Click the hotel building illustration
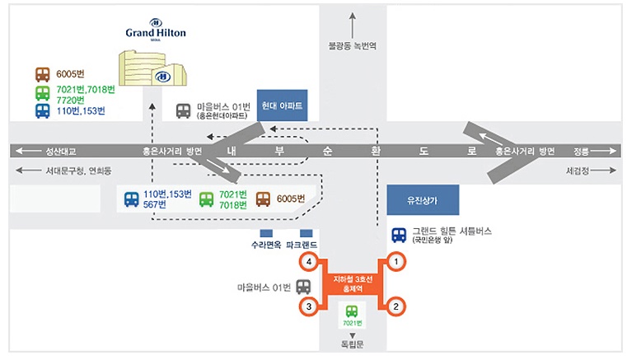point(153,67)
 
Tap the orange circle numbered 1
point(396,263)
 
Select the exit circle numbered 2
point(396,307)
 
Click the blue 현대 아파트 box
point(283,106)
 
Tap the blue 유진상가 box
point(423,200)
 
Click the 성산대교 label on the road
point(60,152)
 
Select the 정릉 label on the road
point(582,152)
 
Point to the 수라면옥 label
point(266,245)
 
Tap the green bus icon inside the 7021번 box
point(352,311)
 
